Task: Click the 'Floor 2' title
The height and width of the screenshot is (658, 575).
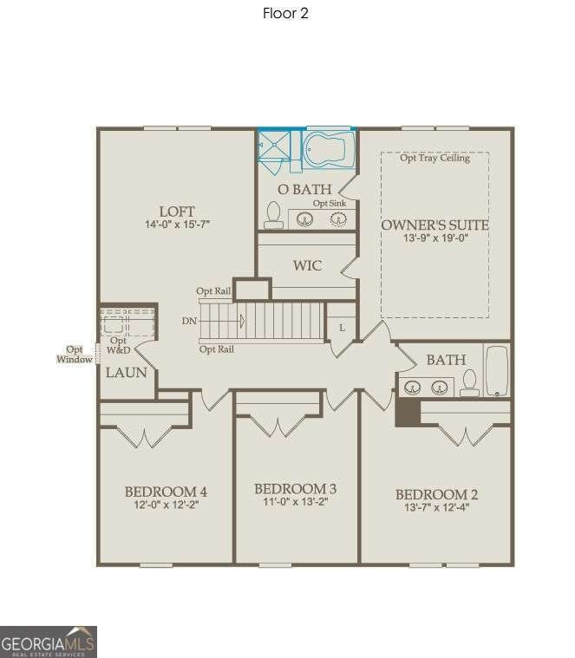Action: pyautogui.click(x=285, y=13)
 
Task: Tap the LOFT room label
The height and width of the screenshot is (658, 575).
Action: pyautogui.click(x=177, y=212)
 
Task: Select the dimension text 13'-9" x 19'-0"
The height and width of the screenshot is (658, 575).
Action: pyautogui.click(x=435, y=239)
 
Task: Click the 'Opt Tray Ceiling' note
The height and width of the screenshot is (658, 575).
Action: pyautogui.click(x=435, y=158)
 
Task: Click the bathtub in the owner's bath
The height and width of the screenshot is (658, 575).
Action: pyautogui.click(x=329, y=149)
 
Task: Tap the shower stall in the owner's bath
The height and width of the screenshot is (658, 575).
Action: pyautogui.click(x=278, y=146)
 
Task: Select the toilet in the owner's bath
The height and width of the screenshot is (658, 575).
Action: pyautogui.click(x=273, y=215)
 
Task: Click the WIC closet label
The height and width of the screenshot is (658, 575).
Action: pyautogui.click(x=307, y=265)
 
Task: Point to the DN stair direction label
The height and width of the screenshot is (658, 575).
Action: pyautogui.click(x=189, y=321)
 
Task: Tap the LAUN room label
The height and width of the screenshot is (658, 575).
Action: pyautogui.click(x=126, y=373)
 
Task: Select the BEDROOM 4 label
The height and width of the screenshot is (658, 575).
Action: pyautogui.click(x=165, y=492)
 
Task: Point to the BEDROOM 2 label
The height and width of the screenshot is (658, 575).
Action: pyautogui.click(x=436, y=494)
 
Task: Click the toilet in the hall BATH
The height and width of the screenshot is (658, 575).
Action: pyautogui.click(x=470, y=382)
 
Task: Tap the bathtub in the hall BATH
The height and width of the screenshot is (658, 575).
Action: pyautogui.click(x=497, y=371)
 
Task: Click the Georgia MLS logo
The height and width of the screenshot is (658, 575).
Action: pyautogui.click(x=49, y=642)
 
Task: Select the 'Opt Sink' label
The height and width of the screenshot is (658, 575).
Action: pyautogui.click(x=330, y=203)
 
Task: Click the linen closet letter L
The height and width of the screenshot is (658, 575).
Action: pyautogui.click(x=342, y=328)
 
